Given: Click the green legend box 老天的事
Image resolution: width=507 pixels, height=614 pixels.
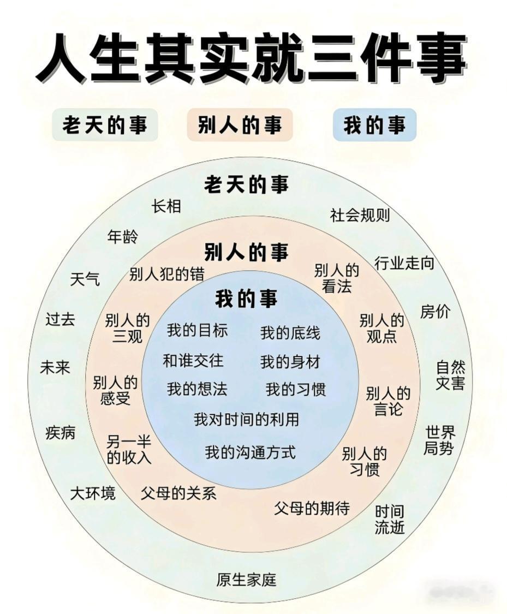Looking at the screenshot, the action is (x=105, y=126).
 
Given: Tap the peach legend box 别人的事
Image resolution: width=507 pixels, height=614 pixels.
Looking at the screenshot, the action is (x=240, y=126).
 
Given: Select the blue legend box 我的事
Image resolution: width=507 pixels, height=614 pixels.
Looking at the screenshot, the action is (x=374, y=126).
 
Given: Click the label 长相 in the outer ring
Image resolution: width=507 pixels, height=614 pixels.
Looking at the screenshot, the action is (x=166, y=206).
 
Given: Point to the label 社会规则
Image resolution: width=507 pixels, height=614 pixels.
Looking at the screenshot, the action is (x=360, y=215).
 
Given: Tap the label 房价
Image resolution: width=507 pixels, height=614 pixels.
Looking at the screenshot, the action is (x=435, y=312).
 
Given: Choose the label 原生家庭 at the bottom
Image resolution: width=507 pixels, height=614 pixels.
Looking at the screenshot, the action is (x=246, y=580).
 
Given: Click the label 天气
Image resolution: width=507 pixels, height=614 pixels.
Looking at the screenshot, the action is (x=85, y=279).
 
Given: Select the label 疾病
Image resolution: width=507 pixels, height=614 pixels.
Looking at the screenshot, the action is (x=61, y=433).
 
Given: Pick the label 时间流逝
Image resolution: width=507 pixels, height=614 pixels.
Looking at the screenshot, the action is (x=390, y=520).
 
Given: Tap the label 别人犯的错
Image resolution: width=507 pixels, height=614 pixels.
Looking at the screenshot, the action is (x=166, y=275).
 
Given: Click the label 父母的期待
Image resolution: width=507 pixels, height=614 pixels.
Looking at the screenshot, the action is (x=312, y=509).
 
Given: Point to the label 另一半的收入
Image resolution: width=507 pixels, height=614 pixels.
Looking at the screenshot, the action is (x=129, y=450).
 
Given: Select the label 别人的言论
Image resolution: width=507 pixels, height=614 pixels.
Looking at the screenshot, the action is (x=388, y=401).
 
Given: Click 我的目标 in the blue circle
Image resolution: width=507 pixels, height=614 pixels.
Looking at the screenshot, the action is (x=197, y=330).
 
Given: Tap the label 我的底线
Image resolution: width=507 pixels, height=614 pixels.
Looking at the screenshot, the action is (x=290, y=332).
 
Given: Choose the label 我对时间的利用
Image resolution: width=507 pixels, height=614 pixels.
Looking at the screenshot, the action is (x=246, y=419).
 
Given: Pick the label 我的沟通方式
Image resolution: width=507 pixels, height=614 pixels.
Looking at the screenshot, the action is (x=250, y=452).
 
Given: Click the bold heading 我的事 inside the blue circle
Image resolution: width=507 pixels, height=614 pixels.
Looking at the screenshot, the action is (x=246, y=299).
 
